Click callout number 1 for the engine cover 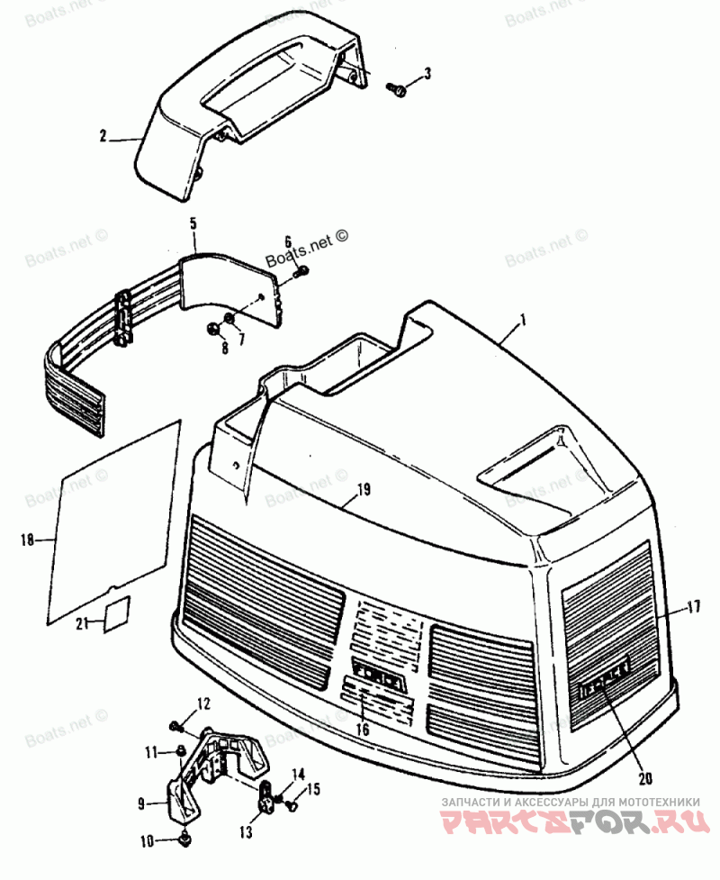pos(524,320)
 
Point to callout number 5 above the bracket pos(193,222)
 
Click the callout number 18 pos(26,540)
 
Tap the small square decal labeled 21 pos(116,616)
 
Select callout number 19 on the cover pos(363,491)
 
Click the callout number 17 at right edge pos(692,608)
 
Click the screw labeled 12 pos(176,724)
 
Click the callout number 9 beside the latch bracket pos(142,802)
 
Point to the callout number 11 pos(152,750)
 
